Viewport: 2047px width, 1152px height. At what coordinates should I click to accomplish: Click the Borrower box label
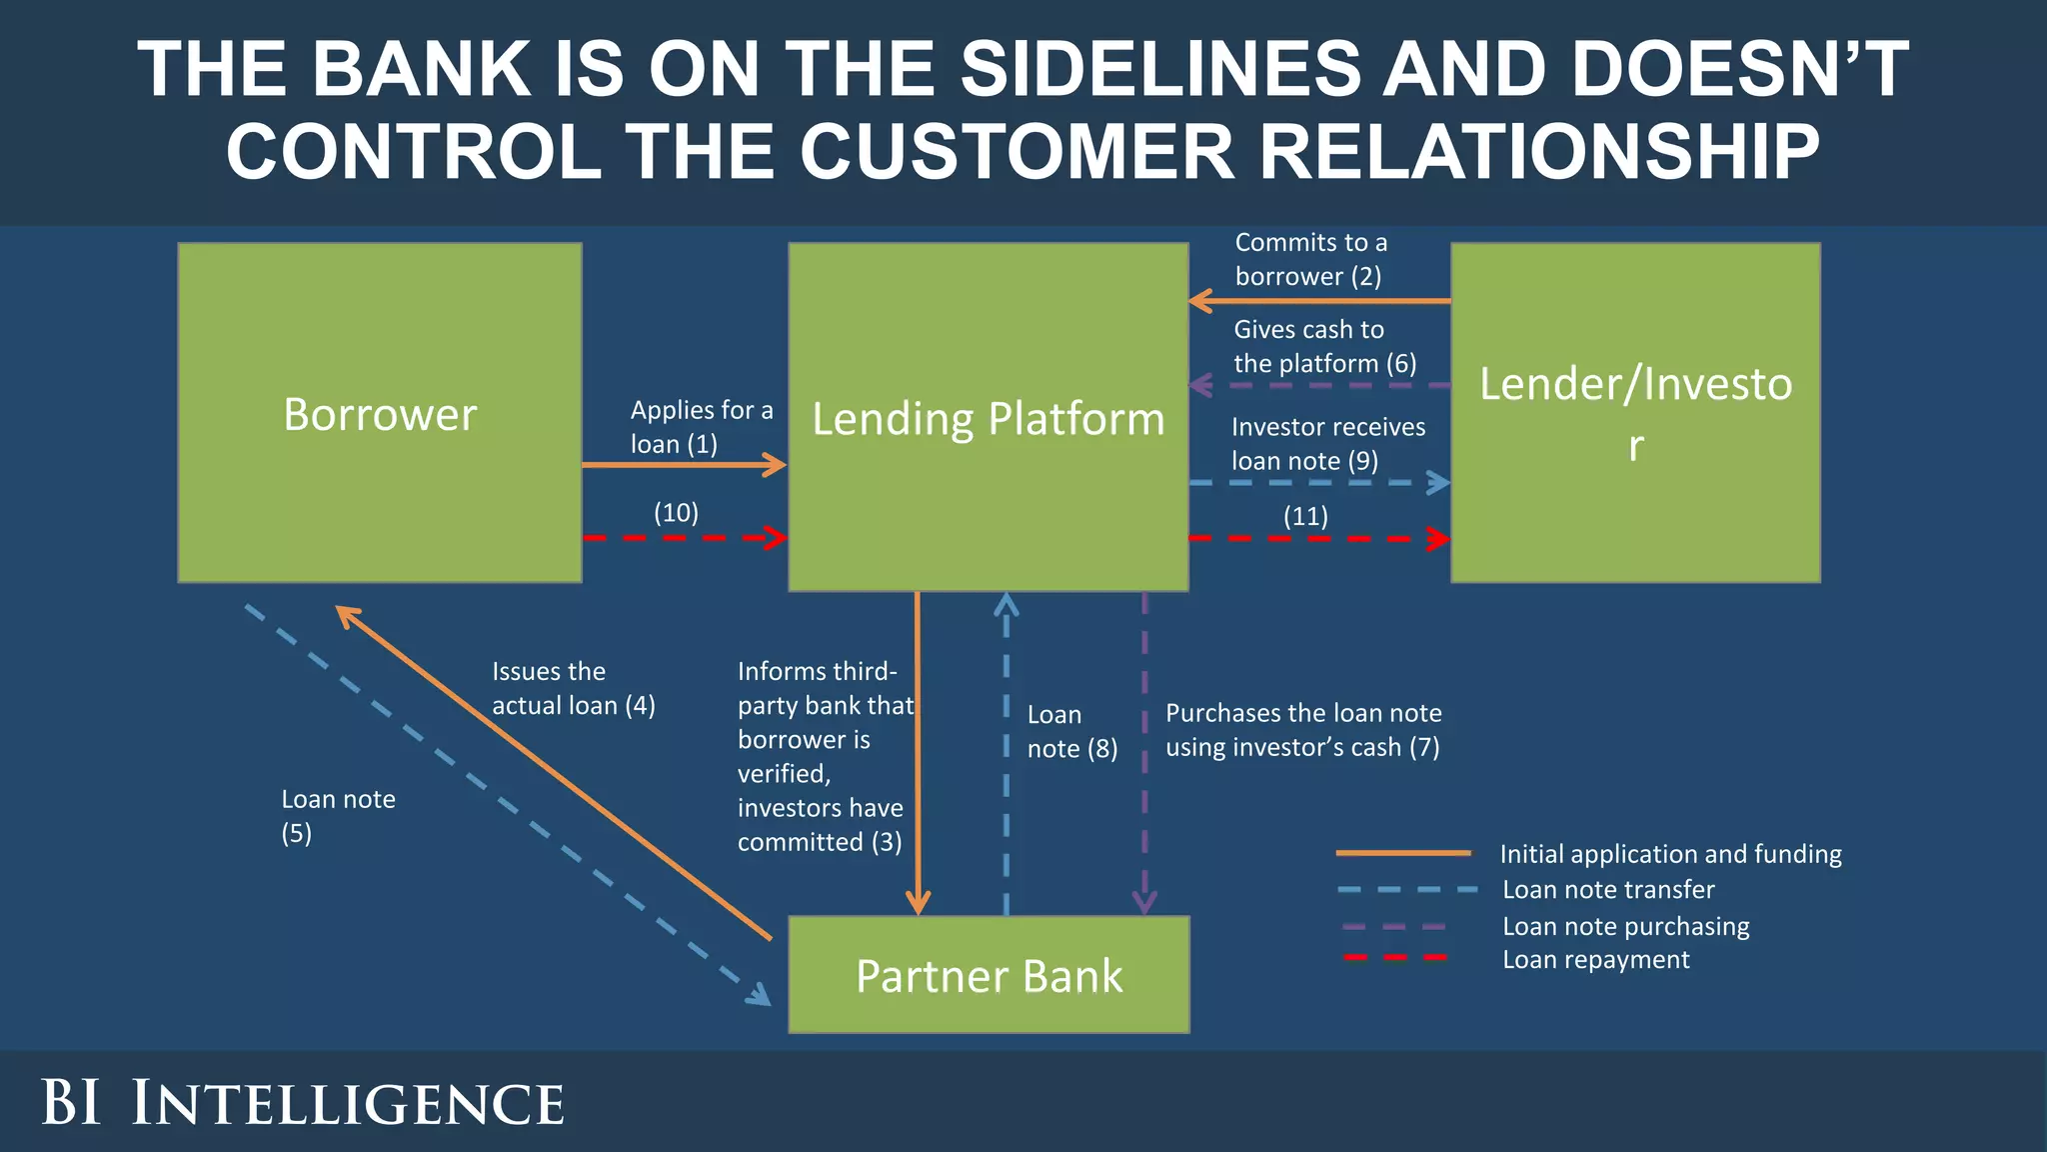tap(380, 414)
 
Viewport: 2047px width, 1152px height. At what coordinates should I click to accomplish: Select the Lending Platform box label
tap(988, 418)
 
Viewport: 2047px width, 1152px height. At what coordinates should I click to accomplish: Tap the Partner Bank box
tap(989, 975)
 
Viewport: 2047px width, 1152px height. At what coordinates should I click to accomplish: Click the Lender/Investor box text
tap(1635, 412)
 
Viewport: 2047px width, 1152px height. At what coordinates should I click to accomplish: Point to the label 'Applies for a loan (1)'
tap(701, 427)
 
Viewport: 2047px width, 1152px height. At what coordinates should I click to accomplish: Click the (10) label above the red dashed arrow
tap(676, 513)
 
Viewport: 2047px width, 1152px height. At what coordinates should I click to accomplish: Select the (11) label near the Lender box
tap(1305, 516)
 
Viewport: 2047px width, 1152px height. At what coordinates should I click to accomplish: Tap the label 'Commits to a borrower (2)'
tap(1310, 259)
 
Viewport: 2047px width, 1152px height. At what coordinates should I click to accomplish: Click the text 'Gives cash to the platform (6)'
tap(1324, 346)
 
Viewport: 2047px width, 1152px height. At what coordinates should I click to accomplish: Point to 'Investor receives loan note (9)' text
tap(1327, 444)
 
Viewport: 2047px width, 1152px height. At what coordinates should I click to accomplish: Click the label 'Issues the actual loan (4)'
tap(573, 688)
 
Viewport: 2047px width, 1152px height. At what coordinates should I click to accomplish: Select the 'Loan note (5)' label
tap(337, 816)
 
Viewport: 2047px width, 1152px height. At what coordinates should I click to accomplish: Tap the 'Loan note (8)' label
tap(1071, 731)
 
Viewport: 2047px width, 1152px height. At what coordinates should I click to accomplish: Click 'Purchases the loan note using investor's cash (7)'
tap(1302, 730)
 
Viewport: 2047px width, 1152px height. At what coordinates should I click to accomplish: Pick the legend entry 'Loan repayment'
tap(1595, 960)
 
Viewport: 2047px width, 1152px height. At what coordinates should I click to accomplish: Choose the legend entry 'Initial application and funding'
tap(1669, 854)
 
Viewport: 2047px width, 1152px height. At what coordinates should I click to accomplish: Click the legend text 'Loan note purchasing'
tap(1625, 926)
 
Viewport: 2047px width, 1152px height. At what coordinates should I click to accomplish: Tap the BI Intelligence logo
tap(302, 1103)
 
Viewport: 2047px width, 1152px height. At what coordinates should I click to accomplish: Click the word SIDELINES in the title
tap(1160, 69)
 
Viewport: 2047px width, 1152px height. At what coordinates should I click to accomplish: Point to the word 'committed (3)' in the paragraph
tap(820, 842)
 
